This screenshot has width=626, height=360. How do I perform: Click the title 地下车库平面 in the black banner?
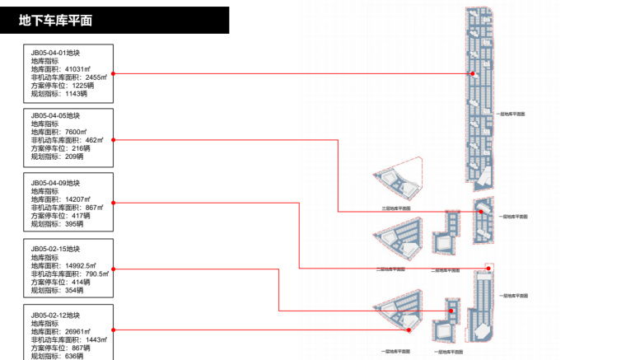55,21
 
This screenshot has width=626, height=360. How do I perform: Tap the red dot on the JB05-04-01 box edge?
113,74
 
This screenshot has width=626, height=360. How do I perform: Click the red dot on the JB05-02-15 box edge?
113,269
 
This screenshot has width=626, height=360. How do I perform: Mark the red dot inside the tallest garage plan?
473,74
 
